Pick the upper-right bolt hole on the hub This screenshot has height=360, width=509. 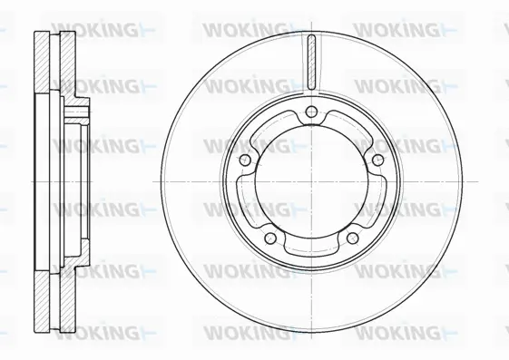pos(377,159)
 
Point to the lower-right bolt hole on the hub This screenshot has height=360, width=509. pos(351,238)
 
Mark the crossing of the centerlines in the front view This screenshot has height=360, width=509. pos(310,181)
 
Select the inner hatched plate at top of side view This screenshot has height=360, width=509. pos(66,63)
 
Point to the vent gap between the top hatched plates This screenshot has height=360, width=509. pos(53,63)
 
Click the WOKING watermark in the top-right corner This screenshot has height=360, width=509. pos(399,30)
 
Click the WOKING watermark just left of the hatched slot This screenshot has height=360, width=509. pos(249,30)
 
